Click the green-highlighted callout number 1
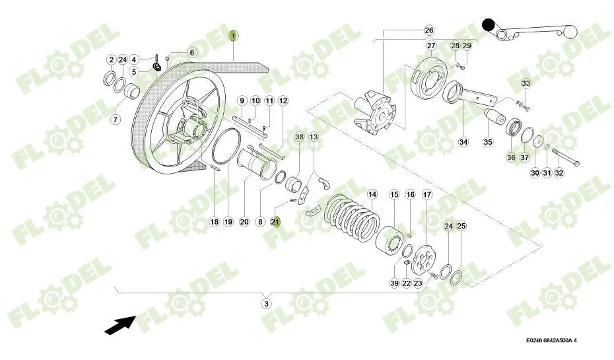[232, 36]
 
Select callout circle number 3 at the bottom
[266, 304]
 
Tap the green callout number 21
[276, 222]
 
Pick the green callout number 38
[299, 137]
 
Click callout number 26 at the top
[428, 30]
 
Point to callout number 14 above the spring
[372, 194]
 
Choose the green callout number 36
[511, 157]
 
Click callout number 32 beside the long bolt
[559, 173]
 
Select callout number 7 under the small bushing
[116, 120]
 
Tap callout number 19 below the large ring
[228, 222]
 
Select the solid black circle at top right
[489, 25]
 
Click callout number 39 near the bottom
[394, 283]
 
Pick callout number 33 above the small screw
[526, 83]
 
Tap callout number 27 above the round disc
[431, 46]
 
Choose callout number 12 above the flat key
[283, 101]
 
